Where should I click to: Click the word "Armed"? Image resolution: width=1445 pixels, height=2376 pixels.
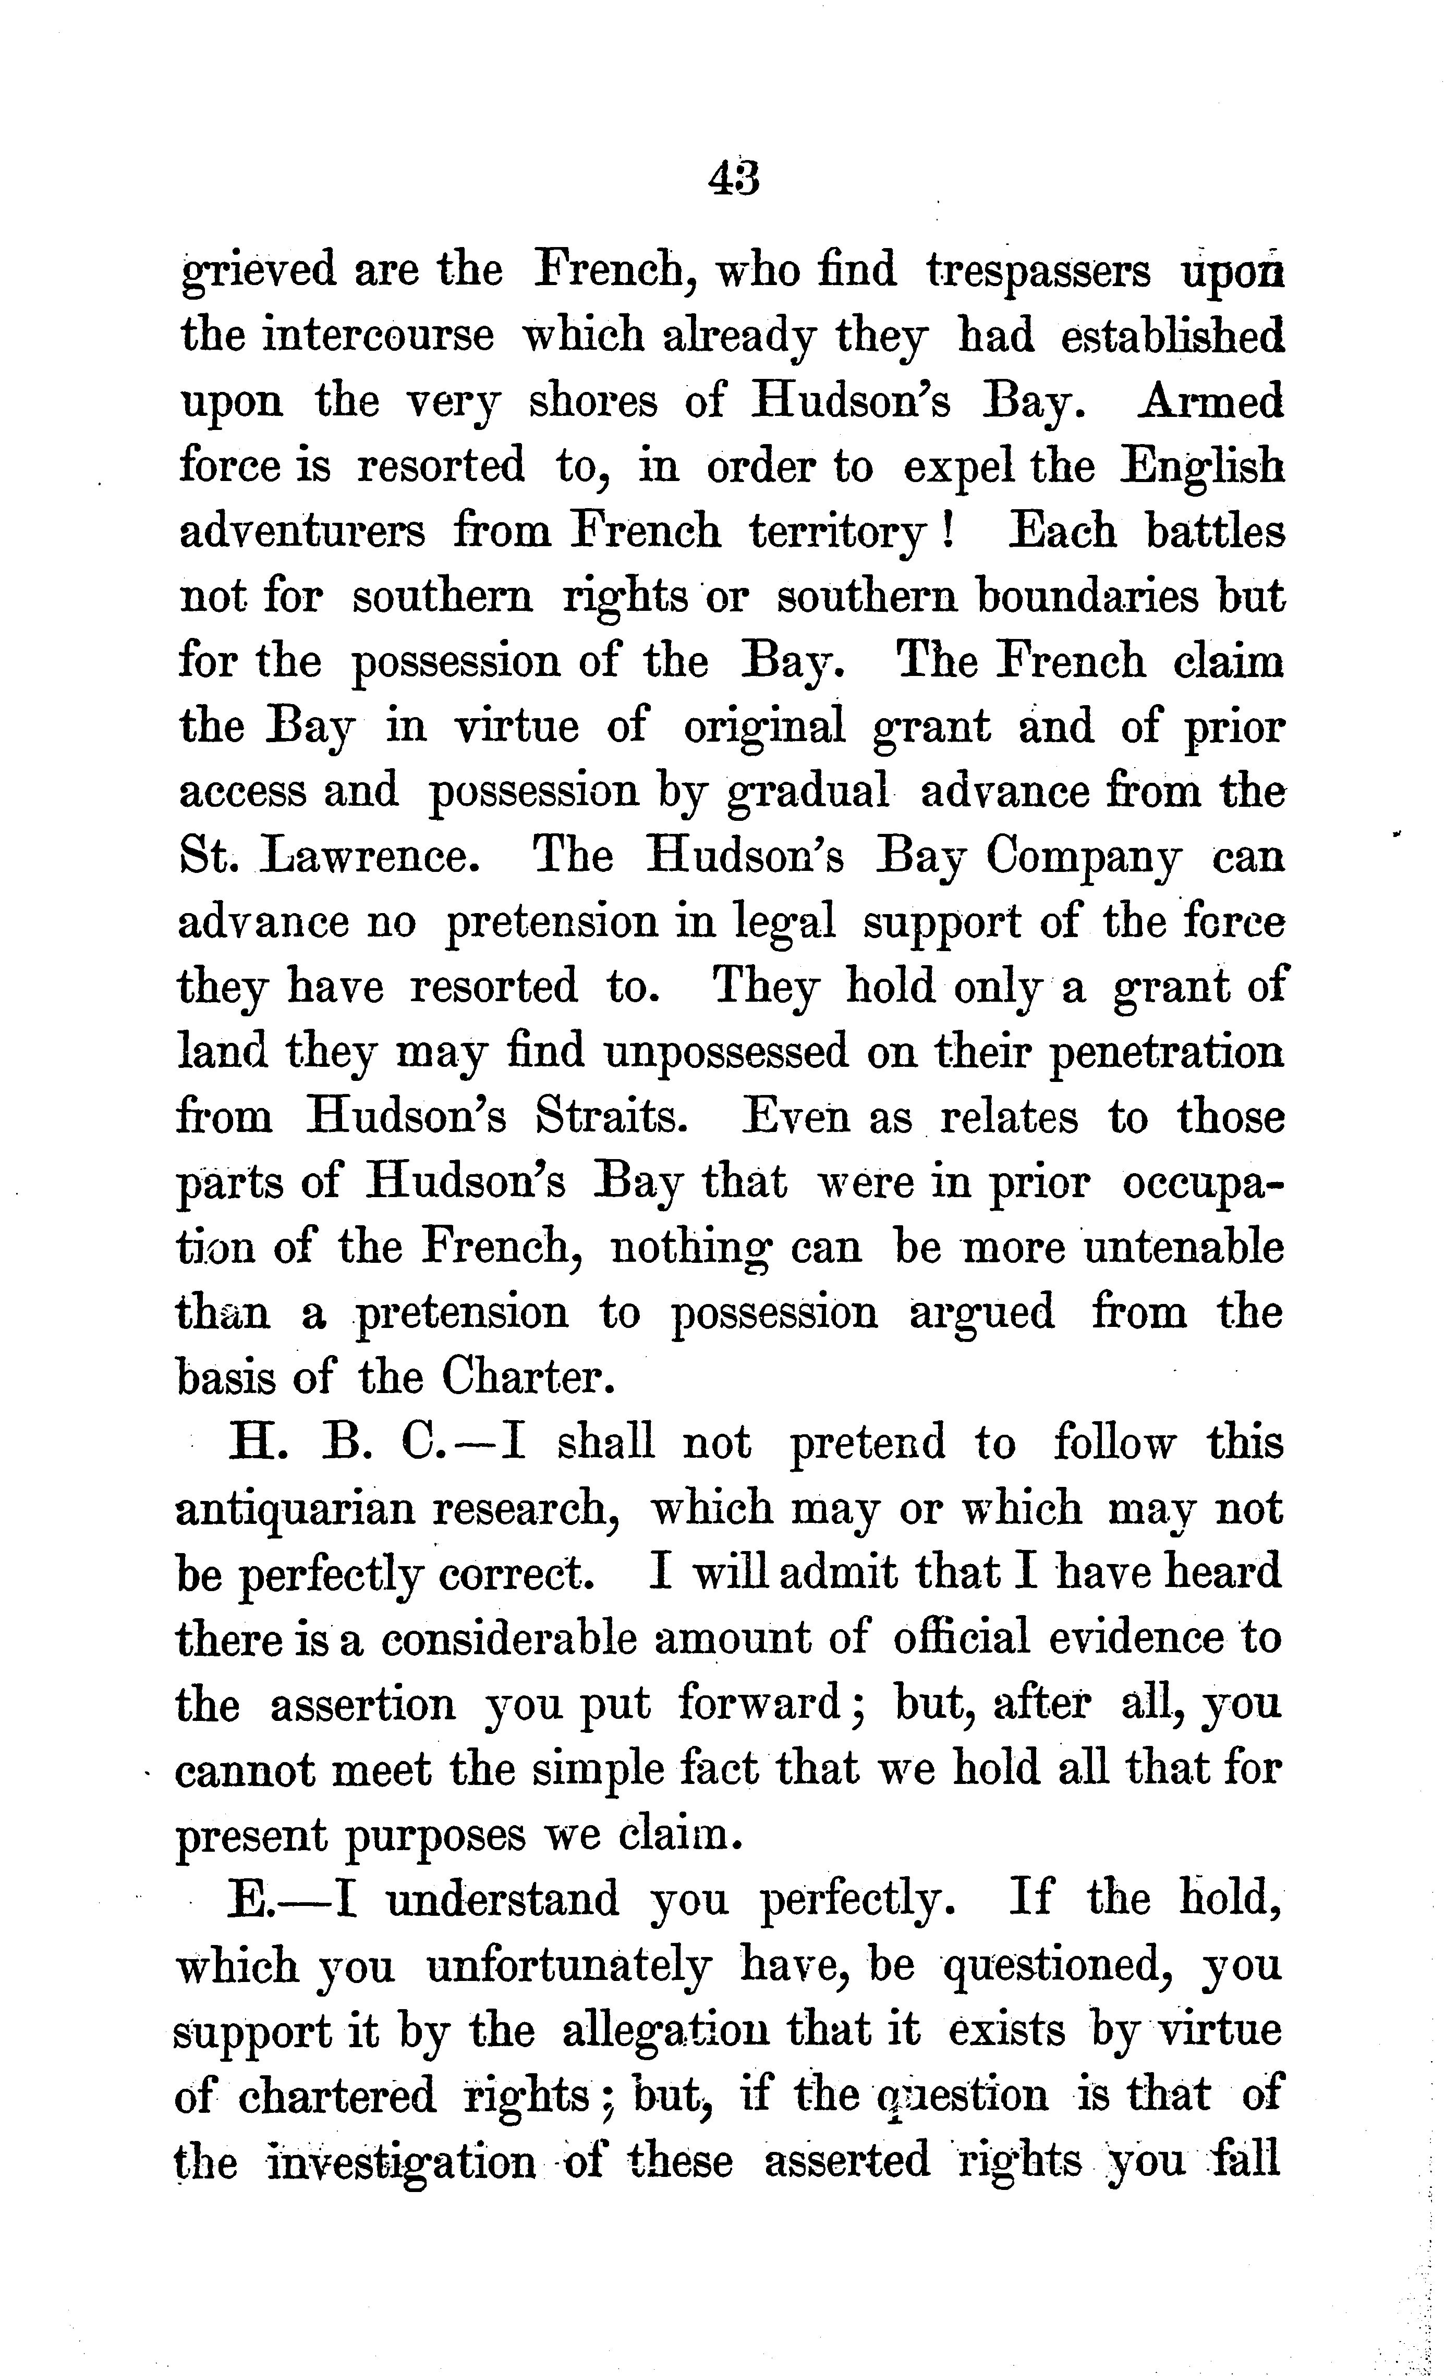pos(1210,400)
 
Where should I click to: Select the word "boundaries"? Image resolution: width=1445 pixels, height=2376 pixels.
pos(1087,597)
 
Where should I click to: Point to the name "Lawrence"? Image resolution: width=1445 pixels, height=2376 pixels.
pos(369,856)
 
